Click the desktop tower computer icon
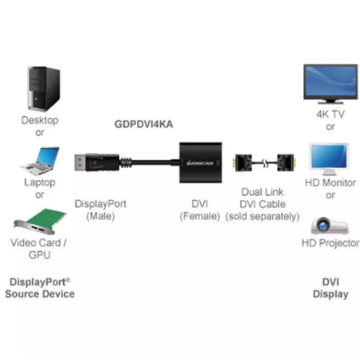tap(44, 89)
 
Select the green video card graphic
tap(40, 222)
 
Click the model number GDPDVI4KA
tap(144, 124)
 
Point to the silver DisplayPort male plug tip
tap(80, 162)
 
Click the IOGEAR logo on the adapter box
tap(200, 163)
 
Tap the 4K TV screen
tap(330, 82)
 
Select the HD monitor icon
tap(330, 159)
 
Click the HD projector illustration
tap(330, 226)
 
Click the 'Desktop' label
tap(40, 120)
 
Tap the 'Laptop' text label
tap(40, 182)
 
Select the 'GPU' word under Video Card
tap(39, 255)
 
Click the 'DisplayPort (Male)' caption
tap(101, 210)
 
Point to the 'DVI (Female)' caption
tap(200, 210)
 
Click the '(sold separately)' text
tap(262, 216)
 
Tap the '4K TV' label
tap(330, 114)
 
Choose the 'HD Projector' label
tap(330, 243)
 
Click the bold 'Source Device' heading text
tap(40, 294)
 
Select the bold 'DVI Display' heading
tap(330, 288)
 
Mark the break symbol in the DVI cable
tap(265, 163)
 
